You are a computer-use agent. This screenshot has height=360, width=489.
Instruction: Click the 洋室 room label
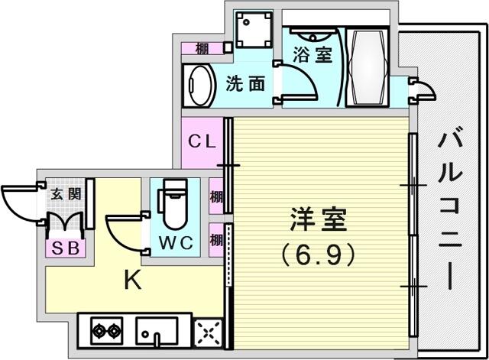click(x=319, y=219)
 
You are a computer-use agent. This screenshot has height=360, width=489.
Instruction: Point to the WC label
click(x=176, y=242)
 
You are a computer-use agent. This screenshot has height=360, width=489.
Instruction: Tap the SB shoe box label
click(x=66, y=248)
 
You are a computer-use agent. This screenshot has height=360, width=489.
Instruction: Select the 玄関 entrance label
click(x=66, y=193)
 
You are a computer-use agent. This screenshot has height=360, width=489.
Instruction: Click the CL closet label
click(x=202, y=142)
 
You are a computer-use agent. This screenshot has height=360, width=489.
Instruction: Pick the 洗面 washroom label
click(x=246, y=84)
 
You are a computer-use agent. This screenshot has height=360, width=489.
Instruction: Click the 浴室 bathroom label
click(x=313, y=55)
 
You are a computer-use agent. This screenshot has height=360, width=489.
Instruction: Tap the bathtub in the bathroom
click(x=368, y=67)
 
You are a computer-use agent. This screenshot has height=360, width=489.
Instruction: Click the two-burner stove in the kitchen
click(x=107, y=331)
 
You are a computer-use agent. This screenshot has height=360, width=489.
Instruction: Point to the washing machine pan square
click(x=254, y=30)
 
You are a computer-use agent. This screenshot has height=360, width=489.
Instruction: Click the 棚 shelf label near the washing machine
click(x=202, y=49)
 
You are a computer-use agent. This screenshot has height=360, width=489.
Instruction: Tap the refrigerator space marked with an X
click(x=208, y=333)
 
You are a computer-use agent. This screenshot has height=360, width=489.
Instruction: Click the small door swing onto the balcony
click(x=423, y=90)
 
